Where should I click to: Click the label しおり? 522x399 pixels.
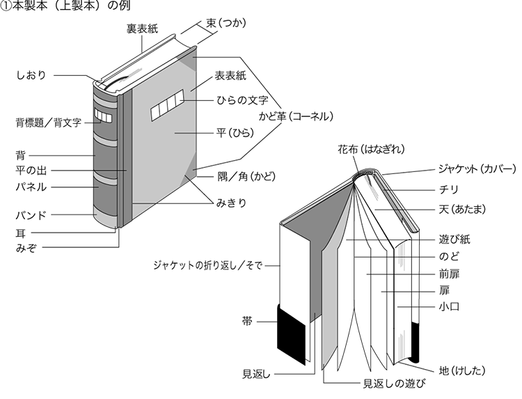pos(31,75)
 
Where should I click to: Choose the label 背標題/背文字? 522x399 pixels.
pos(49,122)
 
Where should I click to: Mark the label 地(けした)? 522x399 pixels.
pos(461,368)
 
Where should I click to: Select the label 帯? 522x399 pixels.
pos(247,322)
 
